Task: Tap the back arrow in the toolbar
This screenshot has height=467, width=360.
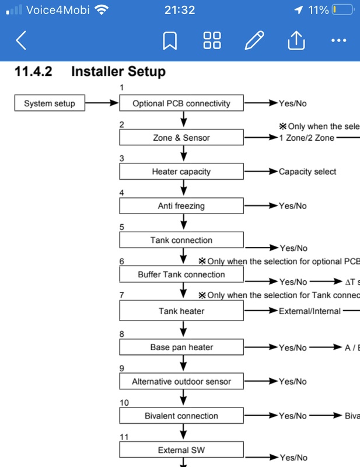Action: coord(21,40)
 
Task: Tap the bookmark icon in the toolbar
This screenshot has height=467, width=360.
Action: coord(170,40)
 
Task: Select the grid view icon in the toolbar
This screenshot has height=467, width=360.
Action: coord(212,40)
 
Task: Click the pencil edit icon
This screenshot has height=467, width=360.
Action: coord(254,40)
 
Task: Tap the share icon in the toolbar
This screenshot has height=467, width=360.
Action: coord(296,40)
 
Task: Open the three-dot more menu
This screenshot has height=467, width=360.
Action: coord(338,40)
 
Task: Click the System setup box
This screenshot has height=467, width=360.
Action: coord(50,103)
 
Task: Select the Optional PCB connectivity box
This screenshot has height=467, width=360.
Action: coord(181,103)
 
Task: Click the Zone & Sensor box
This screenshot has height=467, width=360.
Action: coord(181,138)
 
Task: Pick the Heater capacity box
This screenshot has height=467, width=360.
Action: coord(181,172)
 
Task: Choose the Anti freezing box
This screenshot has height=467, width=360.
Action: coord(181,206)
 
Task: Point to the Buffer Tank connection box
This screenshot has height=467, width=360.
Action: coord(181,274)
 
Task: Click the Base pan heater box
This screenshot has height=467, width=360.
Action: coord(181,347)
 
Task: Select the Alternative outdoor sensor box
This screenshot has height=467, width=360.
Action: coord(181,382)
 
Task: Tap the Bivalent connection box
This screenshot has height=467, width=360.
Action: coord(181,416)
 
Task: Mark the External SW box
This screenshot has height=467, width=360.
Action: coord(181,450)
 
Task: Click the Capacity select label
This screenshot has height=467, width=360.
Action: coord(307,172)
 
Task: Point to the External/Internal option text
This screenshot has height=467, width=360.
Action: coord(310,311)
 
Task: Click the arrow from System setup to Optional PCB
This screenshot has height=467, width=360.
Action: coord(102,103)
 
